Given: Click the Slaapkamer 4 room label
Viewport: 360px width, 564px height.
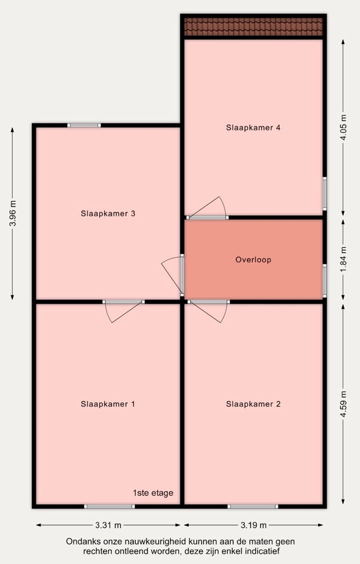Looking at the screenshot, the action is [253, 127].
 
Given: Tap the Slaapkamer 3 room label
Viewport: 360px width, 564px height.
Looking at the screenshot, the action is [108, 213].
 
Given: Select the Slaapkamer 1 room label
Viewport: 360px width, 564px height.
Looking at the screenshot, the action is [108, 404].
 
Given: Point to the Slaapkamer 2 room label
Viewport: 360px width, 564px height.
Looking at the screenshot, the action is [253, 404].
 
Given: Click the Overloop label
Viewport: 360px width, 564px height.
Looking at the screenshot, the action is [253, 259].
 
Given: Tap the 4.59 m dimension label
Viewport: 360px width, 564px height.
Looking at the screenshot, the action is [343, 404].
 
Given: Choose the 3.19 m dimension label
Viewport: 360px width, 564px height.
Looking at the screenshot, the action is [253, 525].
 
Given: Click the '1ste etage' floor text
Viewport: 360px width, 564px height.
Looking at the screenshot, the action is [153, 493].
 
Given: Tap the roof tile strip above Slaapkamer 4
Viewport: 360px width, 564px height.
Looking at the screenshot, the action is [253, 27].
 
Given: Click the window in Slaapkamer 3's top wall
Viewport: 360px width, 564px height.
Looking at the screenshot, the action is [84, 125].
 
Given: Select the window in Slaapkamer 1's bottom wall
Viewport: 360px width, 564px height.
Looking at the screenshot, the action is [109, 506].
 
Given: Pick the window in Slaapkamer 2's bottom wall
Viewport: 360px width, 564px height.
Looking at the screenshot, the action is [252, 506].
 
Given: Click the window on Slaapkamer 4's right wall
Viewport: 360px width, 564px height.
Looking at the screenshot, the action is [324, 193].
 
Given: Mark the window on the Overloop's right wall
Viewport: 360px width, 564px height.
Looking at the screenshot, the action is [324, 281].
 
